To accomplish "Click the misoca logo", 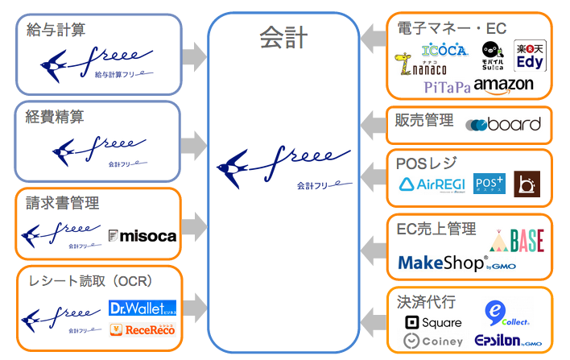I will [142, 235].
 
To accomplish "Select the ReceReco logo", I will [142, 329].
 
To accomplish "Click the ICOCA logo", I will [444, 51].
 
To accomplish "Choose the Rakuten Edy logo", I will [530, 56].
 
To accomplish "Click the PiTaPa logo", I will [446, 86].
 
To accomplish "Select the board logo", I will [503, 124].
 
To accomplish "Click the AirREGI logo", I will [432, 184].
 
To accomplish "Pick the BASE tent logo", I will [518, 238].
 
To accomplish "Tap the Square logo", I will [433, 322].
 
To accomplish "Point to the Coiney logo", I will [433, 341].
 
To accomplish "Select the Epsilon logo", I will [506, 341].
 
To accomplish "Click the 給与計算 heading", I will [56, 30].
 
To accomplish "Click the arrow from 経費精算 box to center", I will [194, 134].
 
